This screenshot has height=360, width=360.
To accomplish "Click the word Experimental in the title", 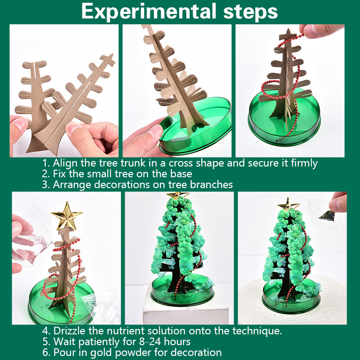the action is pos(149,12).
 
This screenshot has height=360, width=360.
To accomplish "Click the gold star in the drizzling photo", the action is pos(67,216).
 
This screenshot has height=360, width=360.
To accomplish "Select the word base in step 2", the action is pos(181,174).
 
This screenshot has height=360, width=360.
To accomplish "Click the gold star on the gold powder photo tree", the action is pos(288,204).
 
